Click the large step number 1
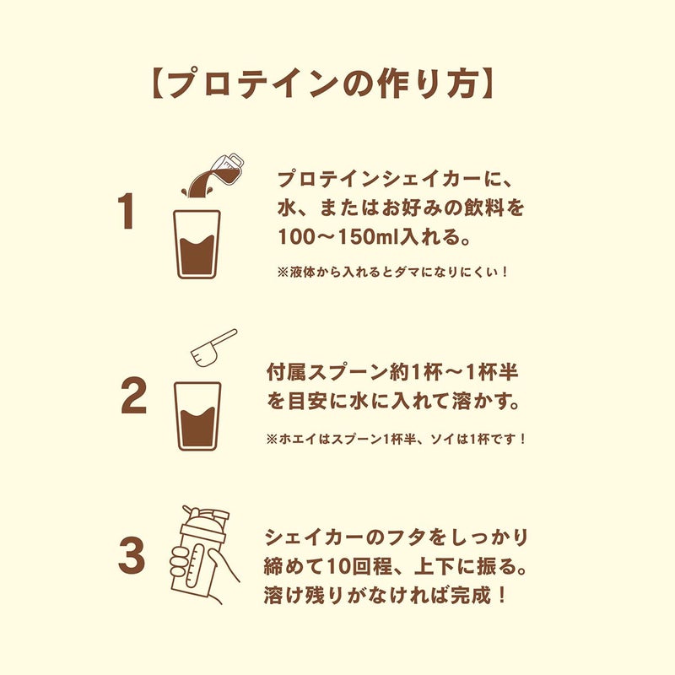click(126, 212)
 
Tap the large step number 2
click(133, 395)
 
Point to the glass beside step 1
click(197, 244)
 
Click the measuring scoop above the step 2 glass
click(214, 348)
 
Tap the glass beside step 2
click(197, 416)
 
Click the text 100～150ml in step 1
click(339, 237)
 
